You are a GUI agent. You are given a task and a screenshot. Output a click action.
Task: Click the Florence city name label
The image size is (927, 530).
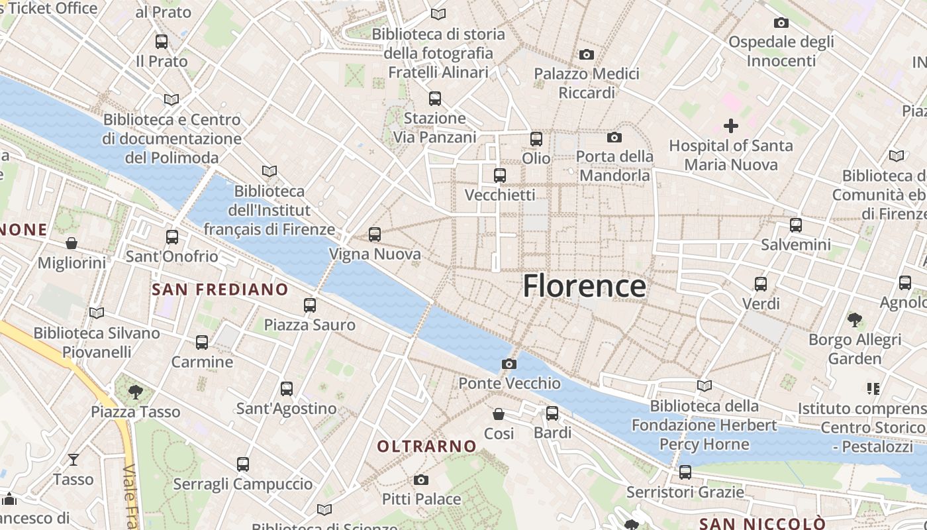(584, 286)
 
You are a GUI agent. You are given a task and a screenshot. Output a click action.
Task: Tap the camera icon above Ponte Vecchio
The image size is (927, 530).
(509, 364)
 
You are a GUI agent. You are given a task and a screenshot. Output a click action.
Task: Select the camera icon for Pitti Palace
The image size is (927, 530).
(421, 480)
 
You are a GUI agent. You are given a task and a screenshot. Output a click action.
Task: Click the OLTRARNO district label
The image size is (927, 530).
(427, 447)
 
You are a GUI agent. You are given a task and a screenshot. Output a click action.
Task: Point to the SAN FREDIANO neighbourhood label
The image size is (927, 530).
(220, 290)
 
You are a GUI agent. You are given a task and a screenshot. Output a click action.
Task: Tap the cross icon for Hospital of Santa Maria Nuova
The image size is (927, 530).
(731, 125)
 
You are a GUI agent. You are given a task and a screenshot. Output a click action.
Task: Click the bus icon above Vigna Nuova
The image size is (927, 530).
(375, 234)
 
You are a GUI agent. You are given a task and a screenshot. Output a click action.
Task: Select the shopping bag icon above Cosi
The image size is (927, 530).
(499, 414)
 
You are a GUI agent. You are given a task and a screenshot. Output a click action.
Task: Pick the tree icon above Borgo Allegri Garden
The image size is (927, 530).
(855, 320)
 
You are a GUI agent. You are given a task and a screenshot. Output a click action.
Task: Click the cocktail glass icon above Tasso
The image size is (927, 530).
(73, 459)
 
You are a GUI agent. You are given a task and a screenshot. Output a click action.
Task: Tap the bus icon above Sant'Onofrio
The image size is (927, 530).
(172, 237)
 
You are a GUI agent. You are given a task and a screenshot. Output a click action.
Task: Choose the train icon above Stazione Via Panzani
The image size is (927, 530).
(435, 99)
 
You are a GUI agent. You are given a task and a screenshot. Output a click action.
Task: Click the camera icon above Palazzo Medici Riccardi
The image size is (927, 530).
(587, 54)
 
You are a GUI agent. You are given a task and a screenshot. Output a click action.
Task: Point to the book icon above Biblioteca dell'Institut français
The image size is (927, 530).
(269, 172)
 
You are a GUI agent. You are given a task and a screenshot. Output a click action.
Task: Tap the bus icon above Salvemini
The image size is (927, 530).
(796, 225)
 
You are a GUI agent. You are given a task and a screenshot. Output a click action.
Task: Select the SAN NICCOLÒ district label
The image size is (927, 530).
(762, 524)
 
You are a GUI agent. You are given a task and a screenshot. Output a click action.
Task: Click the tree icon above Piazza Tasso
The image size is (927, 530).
(136, 392)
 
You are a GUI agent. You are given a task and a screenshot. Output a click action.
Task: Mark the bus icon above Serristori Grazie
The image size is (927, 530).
(685, 472)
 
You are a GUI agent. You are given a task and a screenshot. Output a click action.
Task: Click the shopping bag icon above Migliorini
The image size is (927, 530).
(72, 243)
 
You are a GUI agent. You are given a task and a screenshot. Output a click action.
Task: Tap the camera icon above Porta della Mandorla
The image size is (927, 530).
(614, 137)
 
